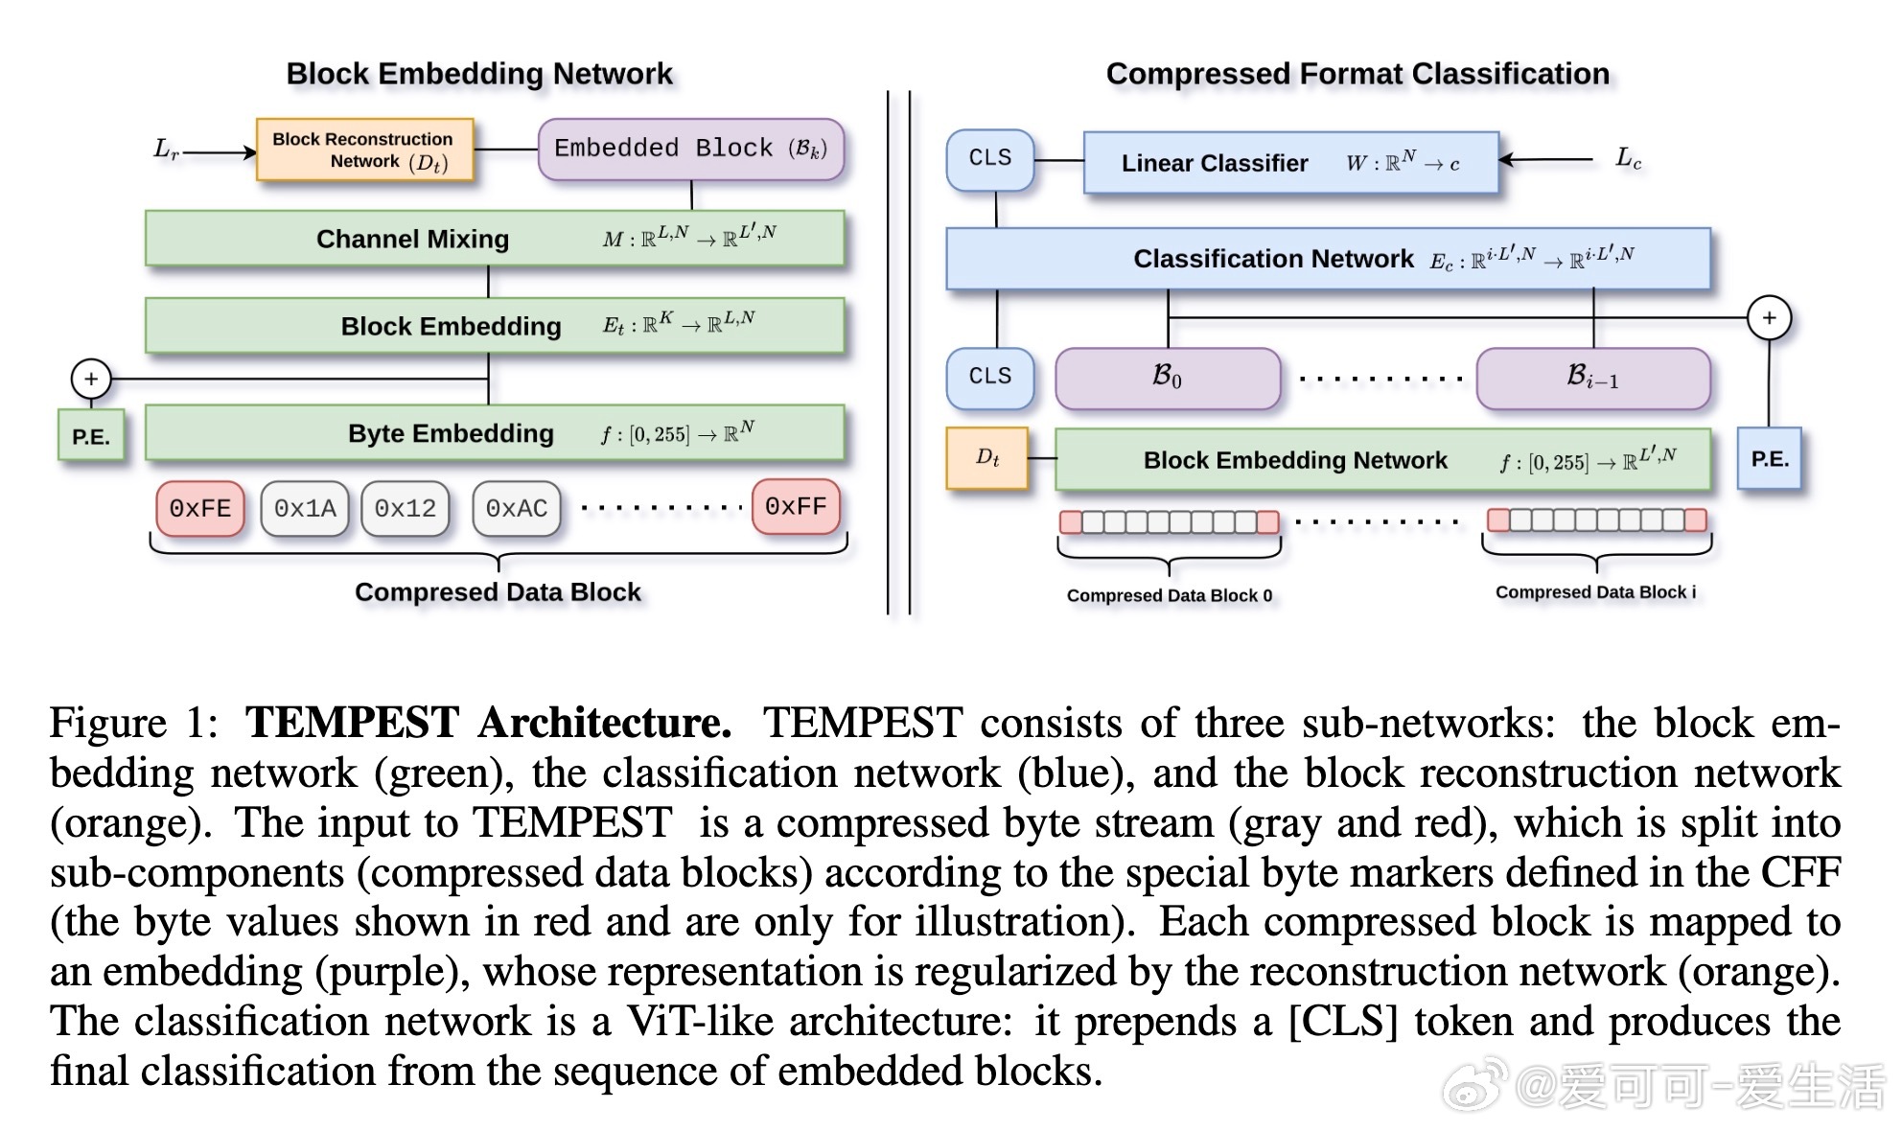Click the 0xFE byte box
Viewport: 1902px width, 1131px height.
[200, 508]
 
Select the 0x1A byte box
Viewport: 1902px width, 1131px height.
[305, 508]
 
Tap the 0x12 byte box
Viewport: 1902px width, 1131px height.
[405, 508]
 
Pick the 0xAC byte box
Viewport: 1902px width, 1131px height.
[516, 508]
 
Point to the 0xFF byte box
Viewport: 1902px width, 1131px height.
[796, 506]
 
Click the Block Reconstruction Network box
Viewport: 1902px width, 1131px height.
[364, 150]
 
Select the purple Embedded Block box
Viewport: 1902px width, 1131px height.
[690, 149]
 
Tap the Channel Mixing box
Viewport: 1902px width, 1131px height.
[495, 238]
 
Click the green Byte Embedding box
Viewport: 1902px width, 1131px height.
[495, 433]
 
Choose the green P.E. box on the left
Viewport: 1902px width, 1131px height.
[91, 436]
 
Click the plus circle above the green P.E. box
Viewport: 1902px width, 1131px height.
[91, 379]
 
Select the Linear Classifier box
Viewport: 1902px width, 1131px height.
[1290, 163]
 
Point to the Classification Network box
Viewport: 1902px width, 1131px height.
[1328, 258]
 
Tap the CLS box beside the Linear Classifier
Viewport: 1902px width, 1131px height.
[990, 158]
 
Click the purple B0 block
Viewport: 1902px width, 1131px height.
[1167, 378]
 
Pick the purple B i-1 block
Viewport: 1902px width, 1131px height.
[1592, 378]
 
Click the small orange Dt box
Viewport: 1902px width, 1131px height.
[987, 458]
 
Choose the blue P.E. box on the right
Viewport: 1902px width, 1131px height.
[1770, 458]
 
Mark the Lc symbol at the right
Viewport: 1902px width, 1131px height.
[1628, 158]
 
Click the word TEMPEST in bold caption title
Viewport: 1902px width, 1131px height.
[352, 723]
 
